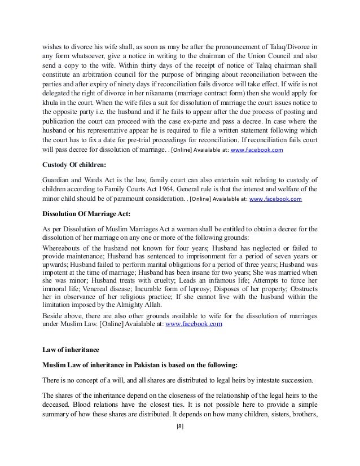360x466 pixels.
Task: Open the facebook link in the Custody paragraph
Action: [275, 200]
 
